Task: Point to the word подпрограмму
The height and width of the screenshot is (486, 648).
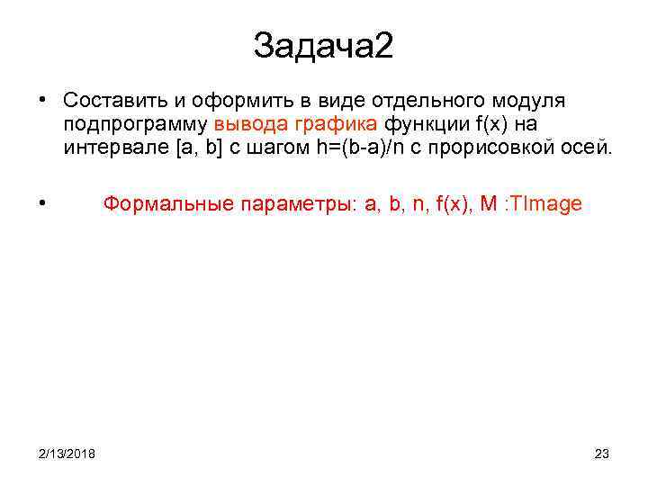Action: [x=135, y=124]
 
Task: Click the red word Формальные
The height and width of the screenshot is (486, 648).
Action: [x=168, y=203]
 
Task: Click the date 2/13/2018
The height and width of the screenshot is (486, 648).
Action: [x=67, y=453]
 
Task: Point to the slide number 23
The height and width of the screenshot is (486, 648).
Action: [x=602, y=453]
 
